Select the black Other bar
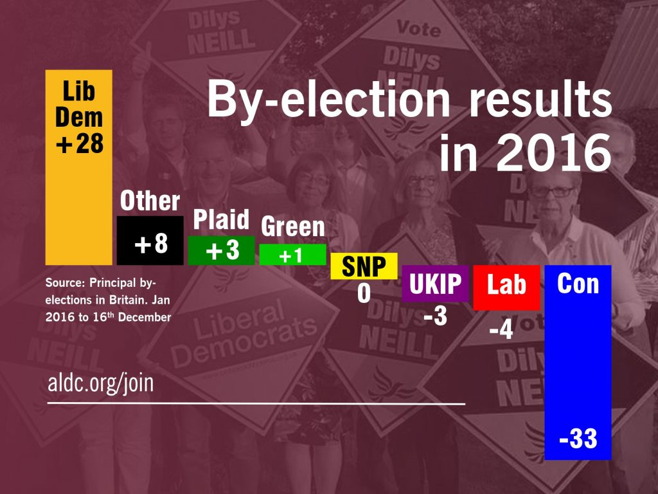point(150,241)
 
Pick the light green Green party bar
point(292,255)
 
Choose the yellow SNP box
point(364,266)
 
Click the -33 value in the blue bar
point(578,439)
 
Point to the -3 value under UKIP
point(435,317)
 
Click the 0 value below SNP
point(364,293)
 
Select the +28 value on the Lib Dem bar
point(79,143)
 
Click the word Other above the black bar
point(150,201)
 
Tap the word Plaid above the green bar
point(222,221)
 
